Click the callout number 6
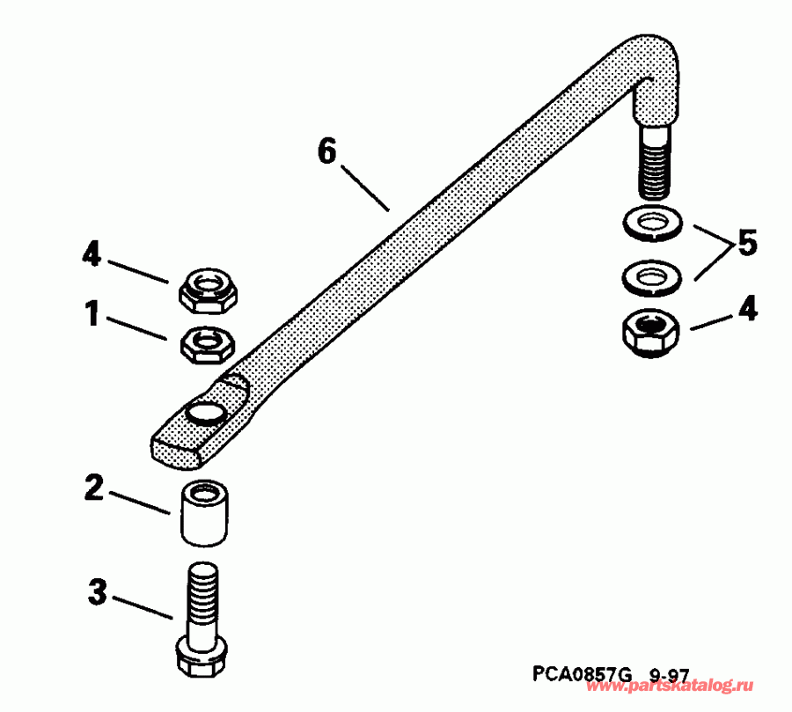[326, 152]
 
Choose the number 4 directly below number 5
[747, 310]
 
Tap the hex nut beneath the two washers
[650, 333]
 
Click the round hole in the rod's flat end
[203, 412]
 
